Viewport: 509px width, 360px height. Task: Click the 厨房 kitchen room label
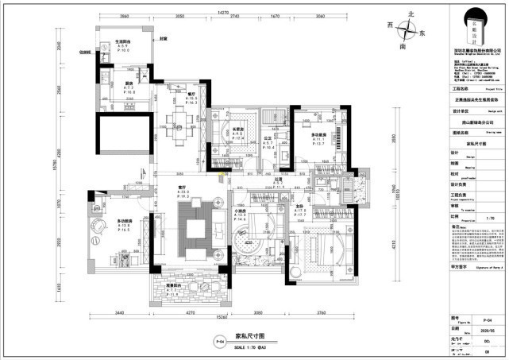[106, 83]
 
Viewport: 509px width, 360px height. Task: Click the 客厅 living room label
[182, 188]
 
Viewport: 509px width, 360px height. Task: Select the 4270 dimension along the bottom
[184, 317]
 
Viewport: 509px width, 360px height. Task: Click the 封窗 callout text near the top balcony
[164, 38]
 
